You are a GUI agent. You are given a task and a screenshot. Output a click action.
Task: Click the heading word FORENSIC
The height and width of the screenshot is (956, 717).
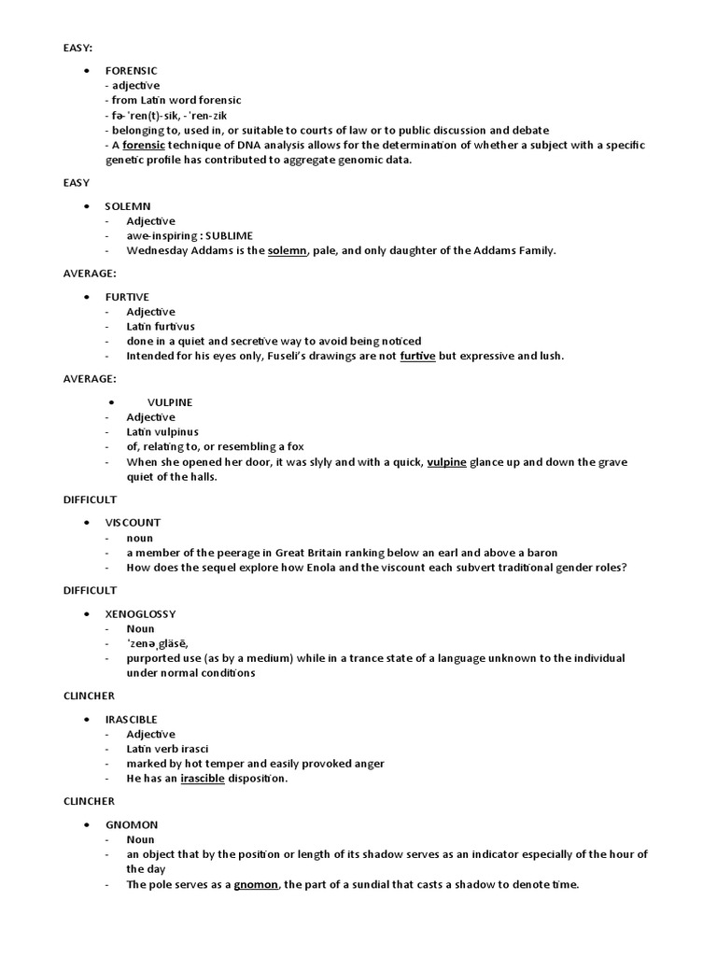(132, 70)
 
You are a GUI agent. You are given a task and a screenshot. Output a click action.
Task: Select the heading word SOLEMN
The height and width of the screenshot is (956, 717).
(128, 205)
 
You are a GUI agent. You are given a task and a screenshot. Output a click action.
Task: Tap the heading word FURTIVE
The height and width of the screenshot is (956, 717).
(128, 296)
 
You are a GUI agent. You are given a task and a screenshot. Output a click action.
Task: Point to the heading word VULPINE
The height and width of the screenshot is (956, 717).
(170, 401)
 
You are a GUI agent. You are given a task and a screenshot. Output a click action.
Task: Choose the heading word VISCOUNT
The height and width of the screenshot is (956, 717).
(133, 522)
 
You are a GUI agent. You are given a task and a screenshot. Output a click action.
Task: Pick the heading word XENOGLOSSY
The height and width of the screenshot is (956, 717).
(140, 613)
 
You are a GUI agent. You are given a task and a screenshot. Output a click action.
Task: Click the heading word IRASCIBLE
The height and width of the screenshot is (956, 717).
(132, 719)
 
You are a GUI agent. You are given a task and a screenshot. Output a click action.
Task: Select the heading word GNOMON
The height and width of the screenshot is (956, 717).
(132, 824)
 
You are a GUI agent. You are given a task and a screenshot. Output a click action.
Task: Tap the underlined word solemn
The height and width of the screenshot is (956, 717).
(288, 250)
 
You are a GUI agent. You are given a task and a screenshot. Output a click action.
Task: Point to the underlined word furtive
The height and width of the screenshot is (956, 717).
(417, 356)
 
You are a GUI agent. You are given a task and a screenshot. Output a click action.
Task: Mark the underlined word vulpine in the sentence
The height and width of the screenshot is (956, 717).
(447, 462)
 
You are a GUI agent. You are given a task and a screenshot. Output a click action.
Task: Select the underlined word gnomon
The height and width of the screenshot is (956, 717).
(256, 884)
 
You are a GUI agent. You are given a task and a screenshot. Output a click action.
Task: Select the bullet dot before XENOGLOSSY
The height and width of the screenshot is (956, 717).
(86, 613)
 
